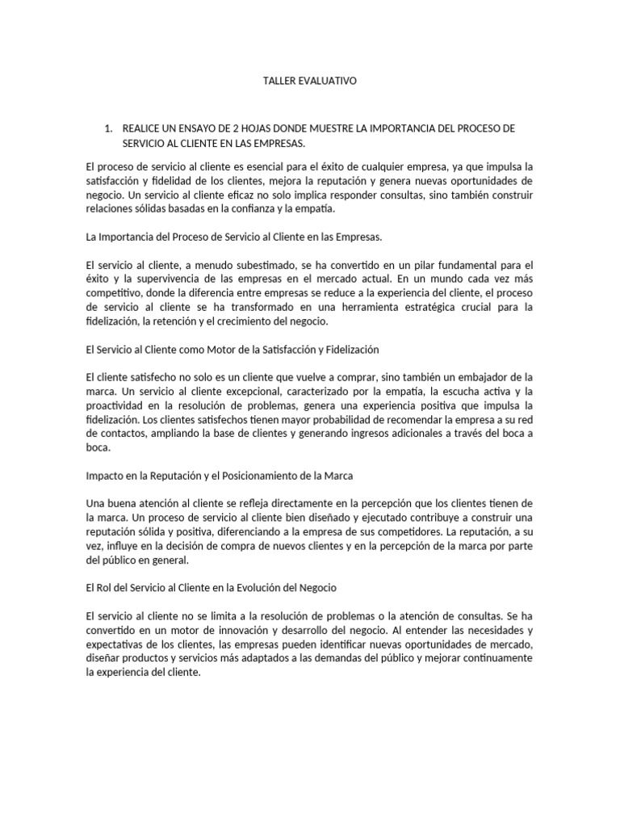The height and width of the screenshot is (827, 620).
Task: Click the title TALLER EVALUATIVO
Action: point(310,82)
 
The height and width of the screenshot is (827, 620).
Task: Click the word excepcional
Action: point(244,391)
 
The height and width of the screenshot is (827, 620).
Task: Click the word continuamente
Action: point(488,657)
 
